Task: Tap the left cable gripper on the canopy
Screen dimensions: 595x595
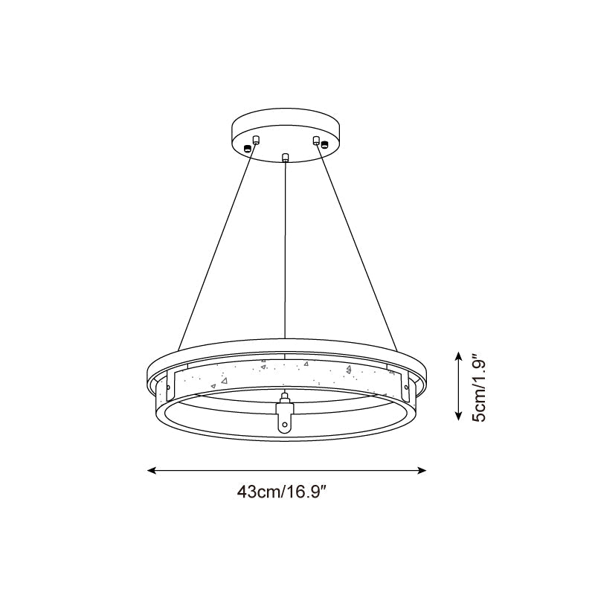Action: [256, 140]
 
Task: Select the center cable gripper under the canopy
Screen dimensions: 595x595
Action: [286, 157]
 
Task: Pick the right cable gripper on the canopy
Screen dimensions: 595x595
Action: [316, 140]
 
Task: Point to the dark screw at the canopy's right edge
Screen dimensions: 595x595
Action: [324, 144]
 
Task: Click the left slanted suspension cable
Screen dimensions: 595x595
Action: [216, 245]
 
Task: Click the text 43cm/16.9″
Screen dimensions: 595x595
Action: [287, 492]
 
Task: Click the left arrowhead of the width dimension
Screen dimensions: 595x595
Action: [151, 470]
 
